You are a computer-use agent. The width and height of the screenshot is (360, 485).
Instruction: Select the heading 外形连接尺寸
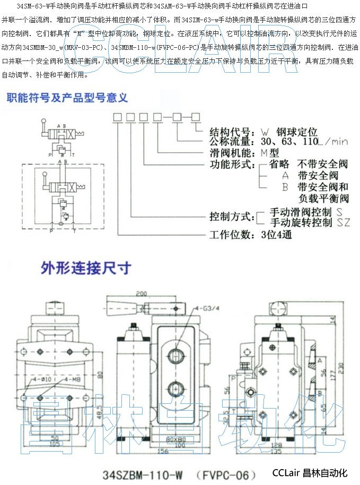click(86, 268)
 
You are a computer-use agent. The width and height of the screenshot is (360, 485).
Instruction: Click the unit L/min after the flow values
click(332, 142)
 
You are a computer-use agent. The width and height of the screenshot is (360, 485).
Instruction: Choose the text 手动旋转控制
click(301, 222)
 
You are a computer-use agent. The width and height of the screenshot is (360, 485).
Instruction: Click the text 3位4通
click(276, 234)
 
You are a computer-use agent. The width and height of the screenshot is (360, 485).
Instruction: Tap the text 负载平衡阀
click(323, 199)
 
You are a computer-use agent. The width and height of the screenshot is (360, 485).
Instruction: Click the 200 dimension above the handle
click(141, 293)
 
